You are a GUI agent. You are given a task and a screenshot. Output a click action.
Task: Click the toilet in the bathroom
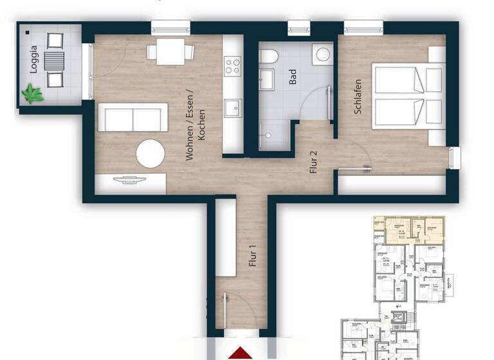click(x=268, y=56)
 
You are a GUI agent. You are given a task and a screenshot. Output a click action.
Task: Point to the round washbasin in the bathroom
click(x=320, y=53)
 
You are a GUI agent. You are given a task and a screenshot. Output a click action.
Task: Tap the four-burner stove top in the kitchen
click(x=232, y=65)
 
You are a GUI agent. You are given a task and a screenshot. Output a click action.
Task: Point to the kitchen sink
click(x=232, y=107)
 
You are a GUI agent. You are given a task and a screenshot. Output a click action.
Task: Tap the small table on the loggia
click(x=56, y=61)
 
